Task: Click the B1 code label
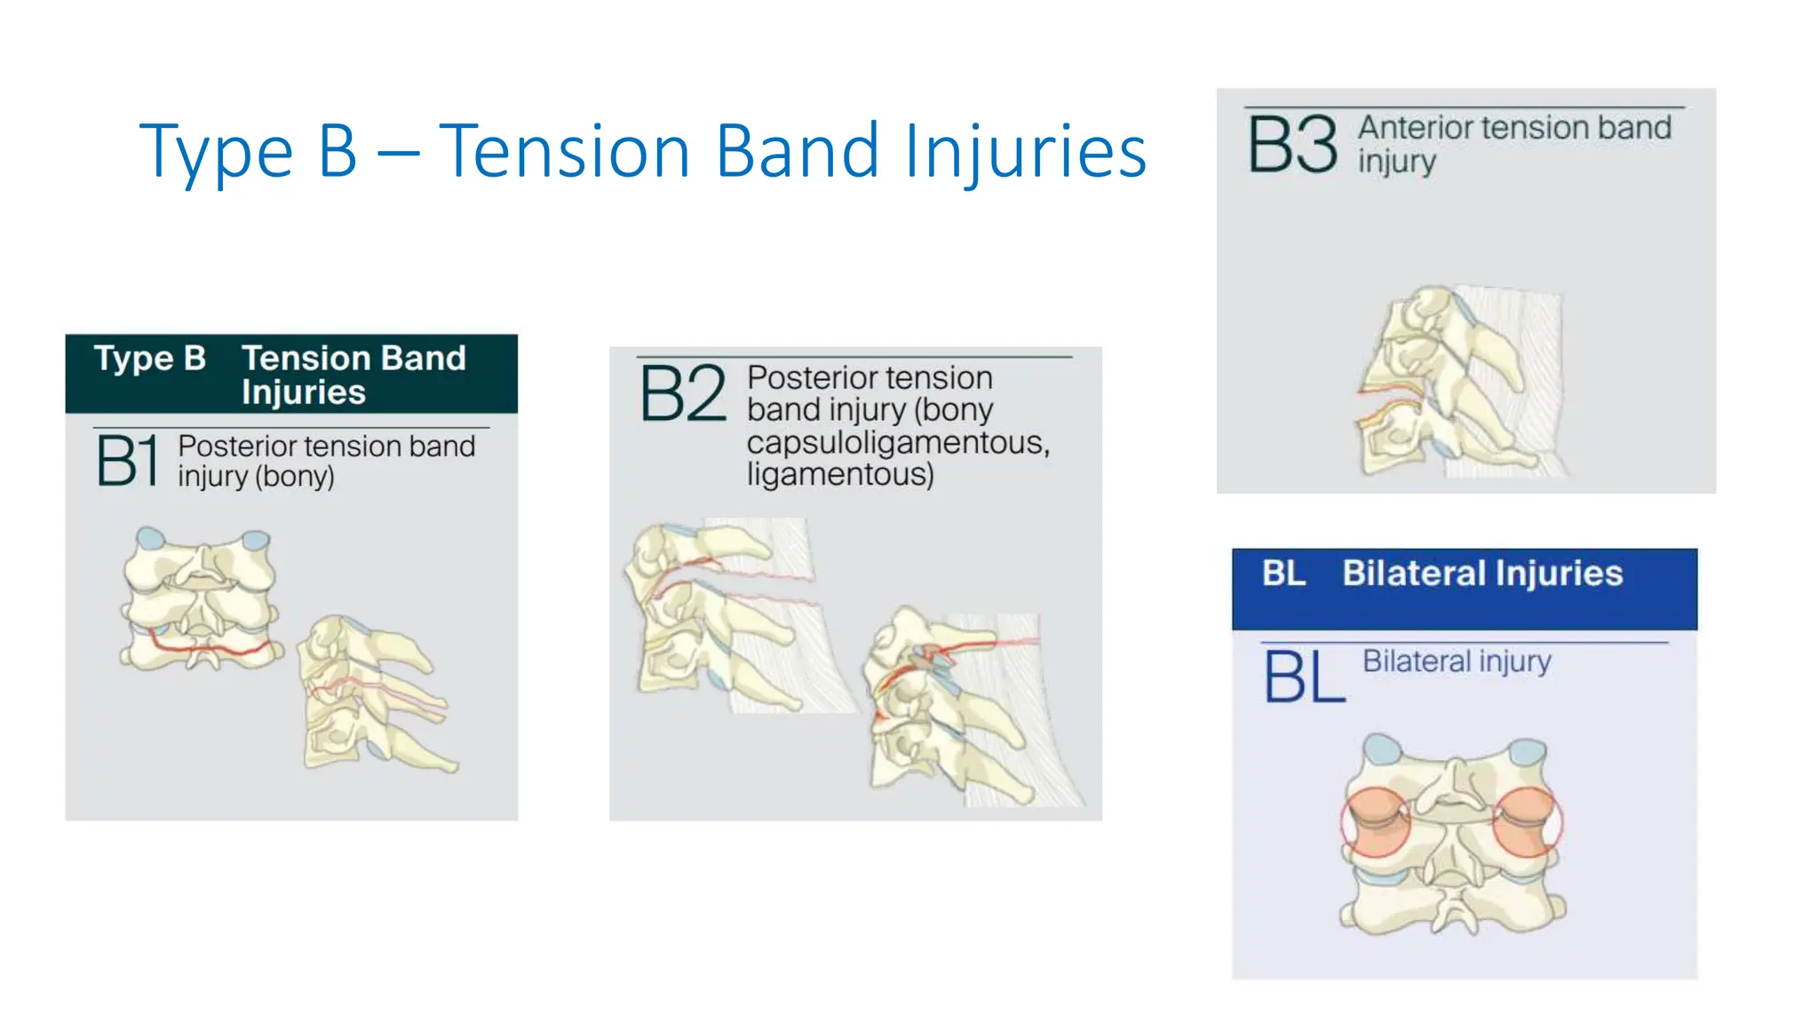(x=128, y=460)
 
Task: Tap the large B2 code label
(x=682, y=393)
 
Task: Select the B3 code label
(x=1292, y=145)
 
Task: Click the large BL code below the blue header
(x=1304, y=677)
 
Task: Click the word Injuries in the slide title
(x=1025, y=151)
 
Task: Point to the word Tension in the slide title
(x=565, y=151)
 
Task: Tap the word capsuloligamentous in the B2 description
(x=897, y=442)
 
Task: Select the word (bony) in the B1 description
(x=294, y=477)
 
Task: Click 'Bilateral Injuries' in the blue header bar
(x=1481, y=574)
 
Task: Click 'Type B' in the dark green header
(x=150, y=359)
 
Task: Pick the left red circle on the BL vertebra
(x=1375, y=822)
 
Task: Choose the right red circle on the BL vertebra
(x=1527, y=822)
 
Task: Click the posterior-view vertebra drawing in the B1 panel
(x=202, y=599)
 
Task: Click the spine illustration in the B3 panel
(x=1457, y=382)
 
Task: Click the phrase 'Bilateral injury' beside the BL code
(x=1457, y=662)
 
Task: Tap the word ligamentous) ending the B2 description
(x=840, y=474)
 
